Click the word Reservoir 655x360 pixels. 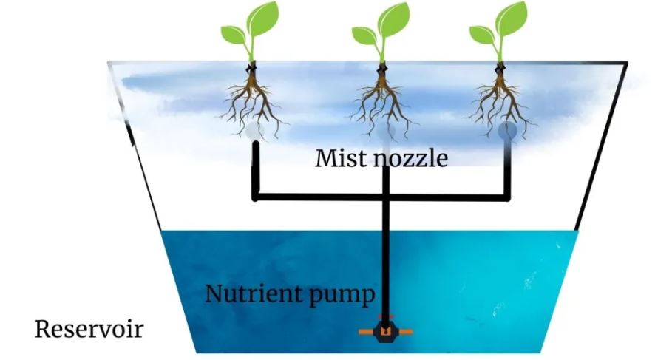tap(89, 329)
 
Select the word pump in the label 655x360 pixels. tap(340, 296)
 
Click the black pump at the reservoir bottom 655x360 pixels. tap(385, 332)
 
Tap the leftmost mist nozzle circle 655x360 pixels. tap(254, 131)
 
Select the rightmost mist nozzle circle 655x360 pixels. tap(508, 131)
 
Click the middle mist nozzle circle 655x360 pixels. tap(386, 131)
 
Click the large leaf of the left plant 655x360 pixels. tap(262, 18)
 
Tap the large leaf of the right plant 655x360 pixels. tap(512, 18)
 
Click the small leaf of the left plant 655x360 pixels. tap(234, 35)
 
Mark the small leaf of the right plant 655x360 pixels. tap(483, 35)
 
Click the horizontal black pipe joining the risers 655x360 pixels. tap(381, 197)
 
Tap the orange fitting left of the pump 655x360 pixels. tap(367, 333)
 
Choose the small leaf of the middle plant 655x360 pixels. tap(364, 35)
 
